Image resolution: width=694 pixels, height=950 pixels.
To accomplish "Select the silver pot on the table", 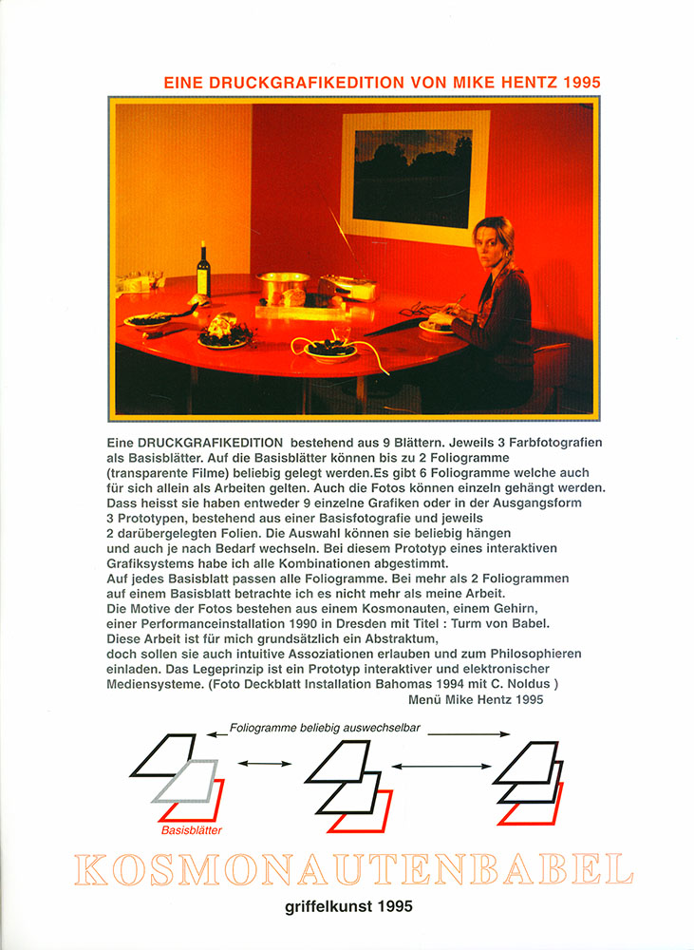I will (283, 285).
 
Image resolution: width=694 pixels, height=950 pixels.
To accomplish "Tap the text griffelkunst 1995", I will (348, 907).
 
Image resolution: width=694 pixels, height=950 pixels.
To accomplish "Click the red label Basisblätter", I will (192, 830).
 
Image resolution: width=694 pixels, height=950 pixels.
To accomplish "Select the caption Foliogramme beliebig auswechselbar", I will (323, 729).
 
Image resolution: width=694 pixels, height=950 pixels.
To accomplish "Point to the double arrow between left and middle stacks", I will (261, 763).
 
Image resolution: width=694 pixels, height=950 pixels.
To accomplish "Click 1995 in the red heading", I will (580, 84).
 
